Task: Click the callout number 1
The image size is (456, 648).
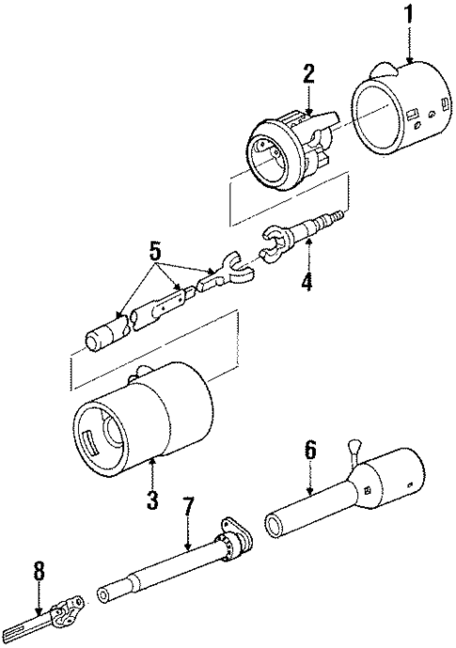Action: click(x=408, y=17)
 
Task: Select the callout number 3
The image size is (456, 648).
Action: click(x=153, y=499)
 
